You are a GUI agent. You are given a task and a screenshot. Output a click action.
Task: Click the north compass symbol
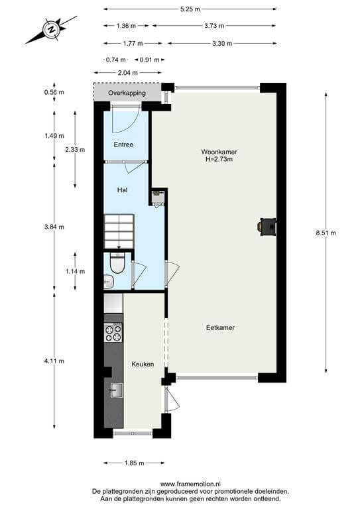pos(51,30)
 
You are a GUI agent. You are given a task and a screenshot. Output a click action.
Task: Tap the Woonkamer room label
pos(219,152)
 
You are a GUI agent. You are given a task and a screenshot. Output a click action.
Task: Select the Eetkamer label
pos(220,327)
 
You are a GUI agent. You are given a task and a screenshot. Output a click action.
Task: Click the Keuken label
pos(143,365)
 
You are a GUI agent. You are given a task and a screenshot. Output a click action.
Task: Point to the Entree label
pos(123,144)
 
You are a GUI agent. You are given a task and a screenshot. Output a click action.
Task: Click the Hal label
pos(122,190)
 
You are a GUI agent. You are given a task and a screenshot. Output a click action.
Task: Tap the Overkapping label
pos(127,93)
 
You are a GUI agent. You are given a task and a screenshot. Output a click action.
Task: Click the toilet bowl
pos(117,263)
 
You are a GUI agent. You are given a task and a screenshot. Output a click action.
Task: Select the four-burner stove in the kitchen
pos(113,333)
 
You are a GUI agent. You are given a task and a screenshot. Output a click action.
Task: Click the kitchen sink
pos(117,390)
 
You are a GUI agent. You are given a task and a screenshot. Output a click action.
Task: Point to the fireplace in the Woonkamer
pos(267,226)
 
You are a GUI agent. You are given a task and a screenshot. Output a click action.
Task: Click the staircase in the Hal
pos(119,232)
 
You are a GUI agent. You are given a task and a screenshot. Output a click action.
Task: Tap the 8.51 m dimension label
pos(326,233)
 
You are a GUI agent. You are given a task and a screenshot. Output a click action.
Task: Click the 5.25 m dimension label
pos(190,9)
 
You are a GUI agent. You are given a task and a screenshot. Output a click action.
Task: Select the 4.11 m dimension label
pos(54,361)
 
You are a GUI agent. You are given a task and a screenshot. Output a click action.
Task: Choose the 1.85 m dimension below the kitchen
pos(134,463)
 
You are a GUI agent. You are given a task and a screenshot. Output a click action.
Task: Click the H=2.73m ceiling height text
pos(219,159)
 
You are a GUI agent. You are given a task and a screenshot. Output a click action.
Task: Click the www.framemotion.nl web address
pos(190,484)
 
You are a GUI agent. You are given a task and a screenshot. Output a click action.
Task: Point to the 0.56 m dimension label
pos(54,92)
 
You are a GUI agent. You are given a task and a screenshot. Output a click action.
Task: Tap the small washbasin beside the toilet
pos(108,282)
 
